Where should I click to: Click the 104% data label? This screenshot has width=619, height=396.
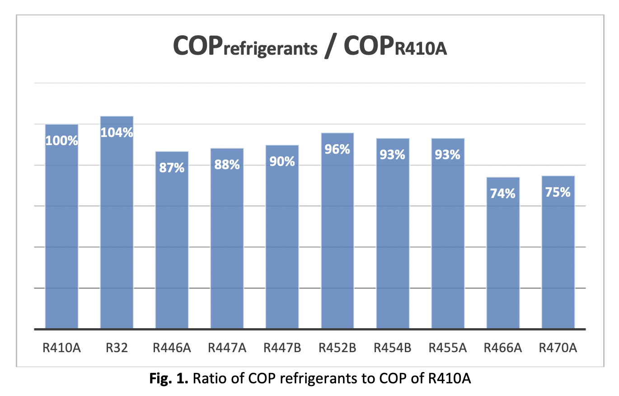point(117,132)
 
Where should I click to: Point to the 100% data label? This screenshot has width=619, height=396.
point(62,141)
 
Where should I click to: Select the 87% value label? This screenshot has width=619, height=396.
point(172,167)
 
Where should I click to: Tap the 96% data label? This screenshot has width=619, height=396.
point(338,149)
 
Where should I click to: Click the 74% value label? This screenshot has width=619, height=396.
point(503,193)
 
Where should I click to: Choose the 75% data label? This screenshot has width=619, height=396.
point(558,192)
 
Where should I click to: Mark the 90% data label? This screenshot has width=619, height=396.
point(282,161)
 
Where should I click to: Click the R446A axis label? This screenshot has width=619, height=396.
point(172,348)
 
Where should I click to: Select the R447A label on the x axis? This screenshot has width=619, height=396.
point(227,348)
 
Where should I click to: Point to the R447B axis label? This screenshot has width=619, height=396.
point(282,348)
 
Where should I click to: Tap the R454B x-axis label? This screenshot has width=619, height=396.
point(393,348)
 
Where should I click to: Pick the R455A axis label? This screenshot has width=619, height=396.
point(448,348)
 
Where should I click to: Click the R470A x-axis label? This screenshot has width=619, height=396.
point(558,348)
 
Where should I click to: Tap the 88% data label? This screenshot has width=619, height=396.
point(227,165)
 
